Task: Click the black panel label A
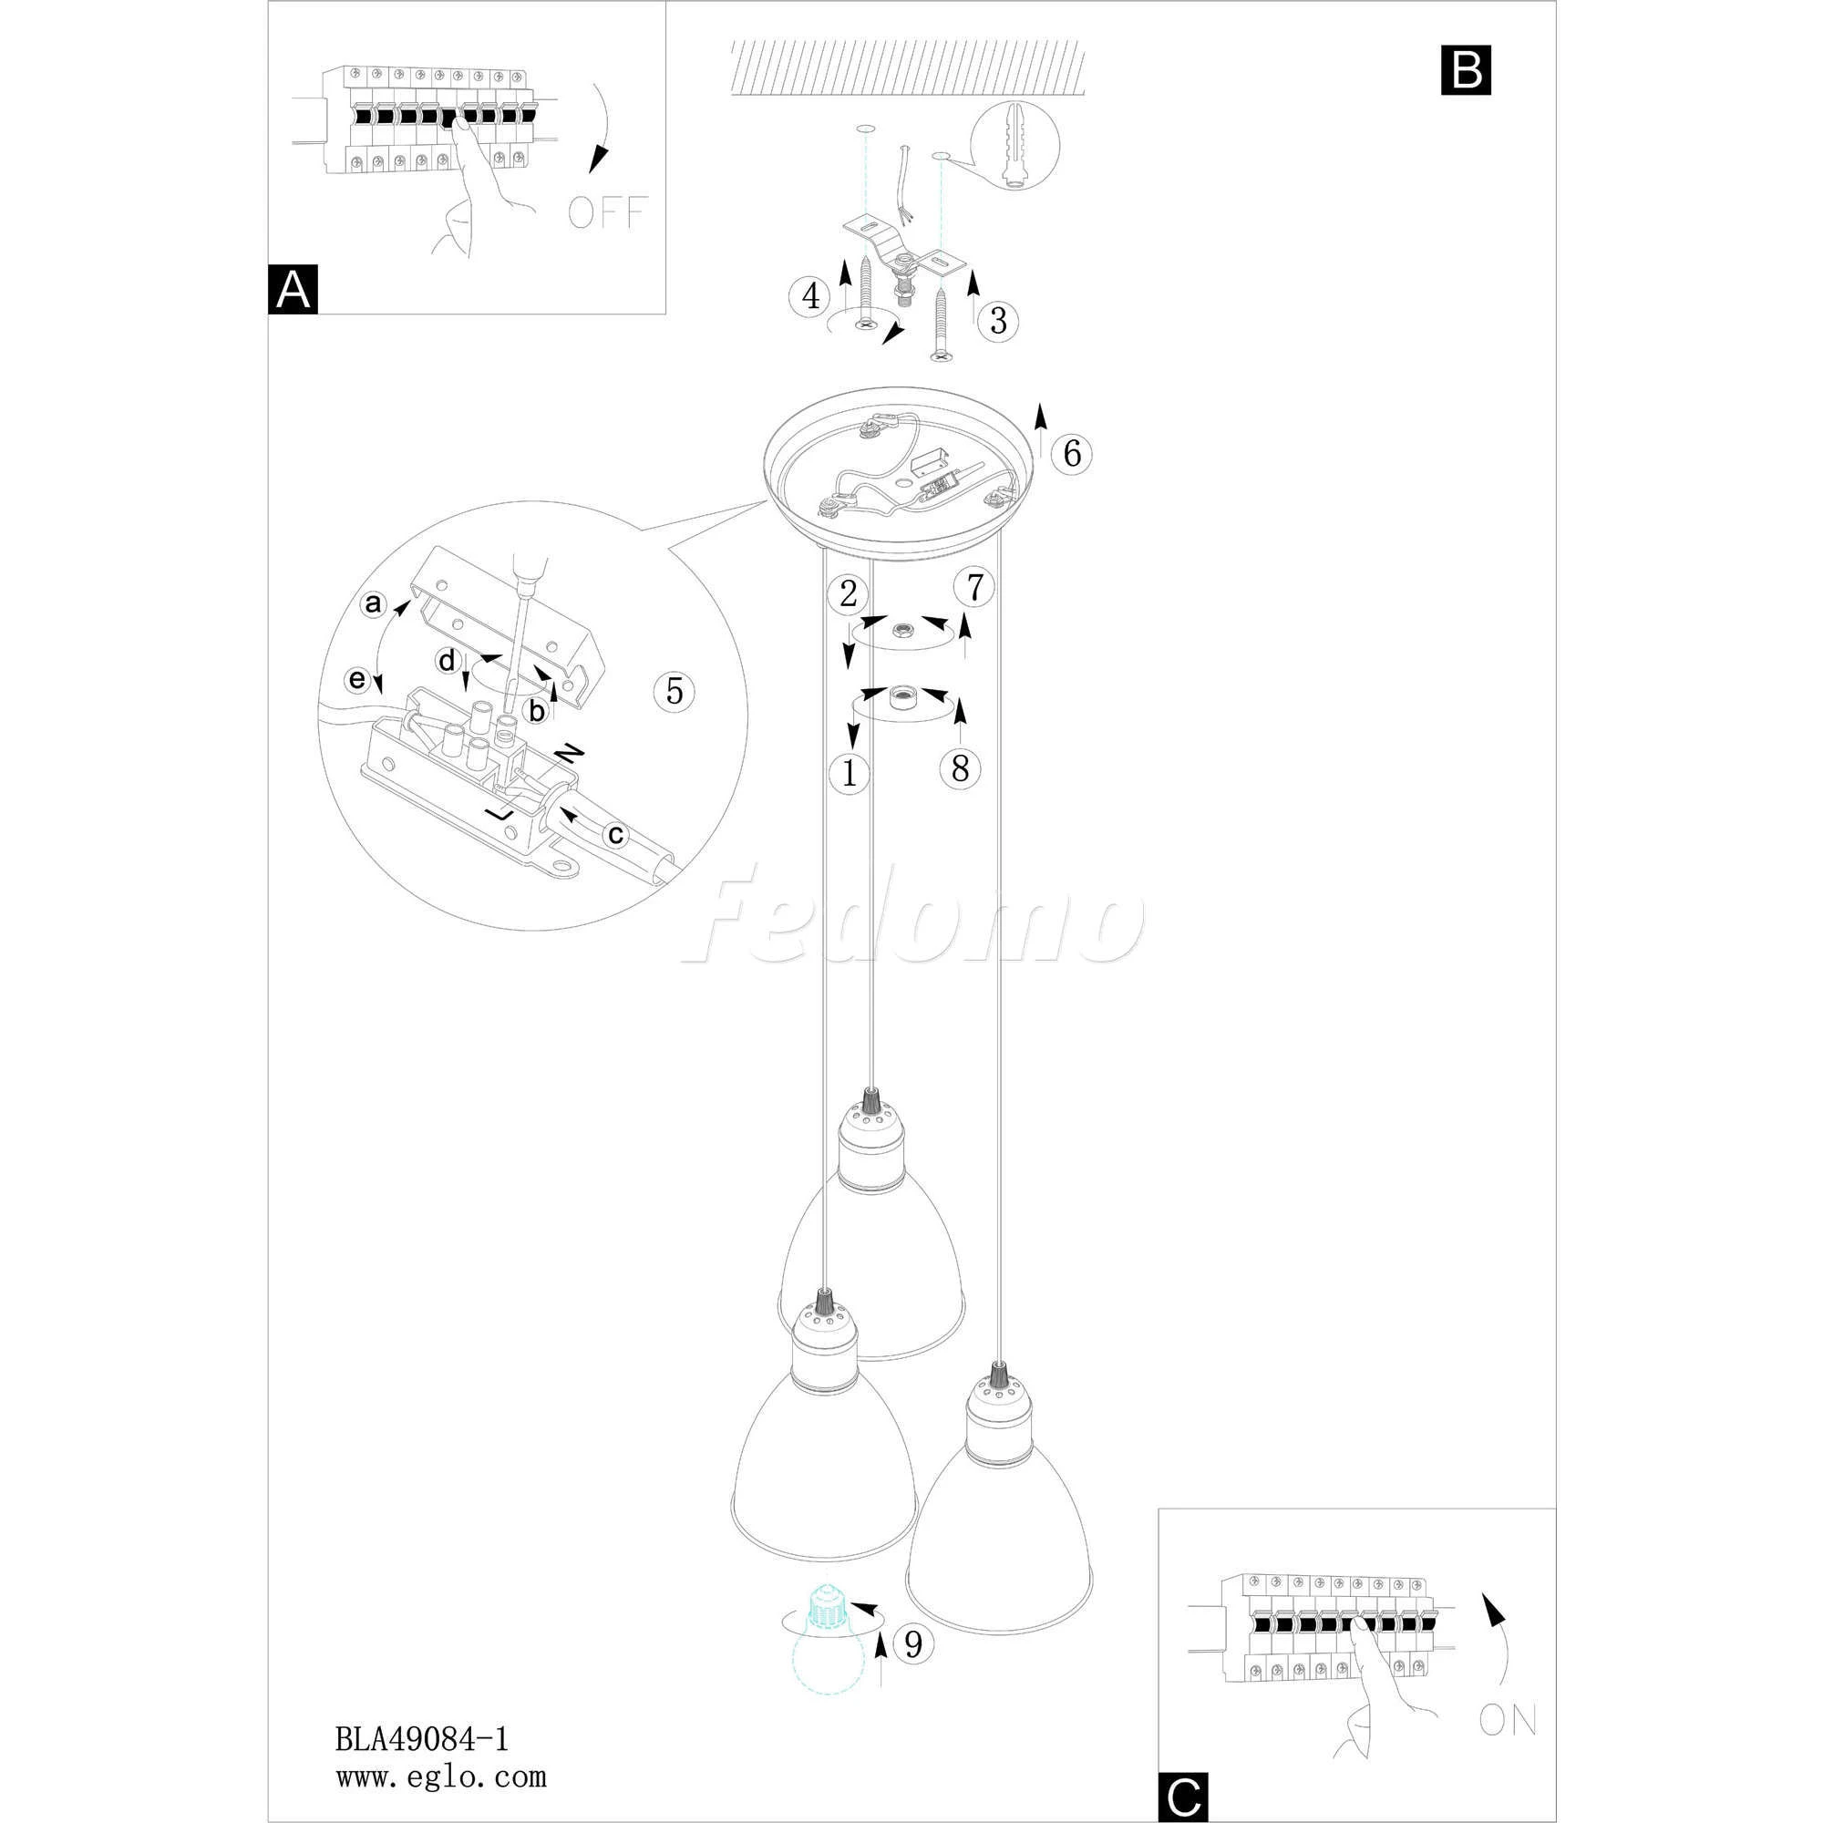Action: [293, 290]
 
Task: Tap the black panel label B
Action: [1466, 70]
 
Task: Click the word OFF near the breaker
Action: [608, 212]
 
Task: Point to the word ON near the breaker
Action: [1508, 1720]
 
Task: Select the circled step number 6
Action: [1072, 454]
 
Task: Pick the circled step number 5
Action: [674, 691]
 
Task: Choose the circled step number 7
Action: [974, 587]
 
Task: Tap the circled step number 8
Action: [960, 769]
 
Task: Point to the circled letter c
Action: [615, 834]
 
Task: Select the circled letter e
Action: [356, 679]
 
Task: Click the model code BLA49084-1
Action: [422, 1738]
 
